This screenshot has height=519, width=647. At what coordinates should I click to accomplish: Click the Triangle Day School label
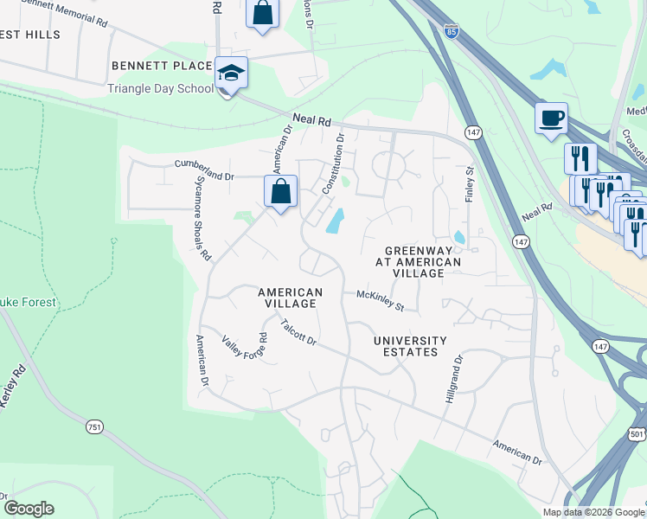pos(161,88)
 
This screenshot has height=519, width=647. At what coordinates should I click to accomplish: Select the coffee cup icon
pos(551,119)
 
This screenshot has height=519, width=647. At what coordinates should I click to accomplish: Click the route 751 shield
pos(95,427)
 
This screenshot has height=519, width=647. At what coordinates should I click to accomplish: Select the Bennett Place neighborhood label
pos(162,66)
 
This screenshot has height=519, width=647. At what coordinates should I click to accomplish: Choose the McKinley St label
pos(381,299)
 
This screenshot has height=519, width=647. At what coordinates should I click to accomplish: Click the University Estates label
pos(410,346)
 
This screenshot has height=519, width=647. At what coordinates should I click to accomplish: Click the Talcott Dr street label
pos(299,333)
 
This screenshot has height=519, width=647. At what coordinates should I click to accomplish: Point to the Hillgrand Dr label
pos(454,374)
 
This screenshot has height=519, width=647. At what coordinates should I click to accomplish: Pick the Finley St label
pos(471,184)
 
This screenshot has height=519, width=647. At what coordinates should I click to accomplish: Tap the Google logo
pos(29,509)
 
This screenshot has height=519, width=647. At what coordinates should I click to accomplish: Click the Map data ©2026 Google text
pos(593,512)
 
